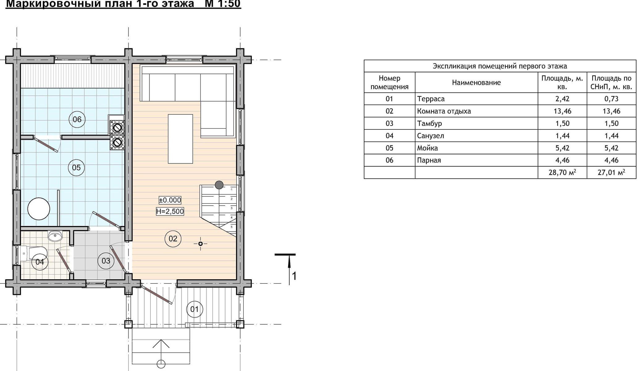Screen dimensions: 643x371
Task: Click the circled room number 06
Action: [77, 119]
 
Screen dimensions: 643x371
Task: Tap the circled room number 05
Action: [76, 168]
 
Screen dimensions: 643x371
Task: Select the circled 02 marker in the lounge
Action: [173, 239]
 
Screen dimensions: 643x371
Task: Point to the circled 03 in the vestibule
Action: [106, 261]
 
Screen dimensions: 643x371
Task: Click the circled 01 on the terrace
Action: [195, 309]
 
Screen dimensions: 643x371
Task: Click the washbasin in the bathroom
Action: [55, 236]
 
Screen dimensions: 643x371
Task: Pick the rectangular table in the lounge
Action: [180, 139]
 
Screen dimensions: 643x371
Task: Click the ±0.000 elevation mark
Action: [170, 200]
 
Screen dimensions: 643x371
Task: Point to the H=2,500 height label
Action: [170, 211]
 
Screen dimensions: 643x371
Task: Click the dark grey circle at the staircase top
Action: [219, 185]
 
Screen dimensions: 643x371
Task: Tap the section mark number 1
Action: [294, 276]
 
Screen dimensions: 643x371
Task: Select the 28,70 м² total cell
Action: [562, 173]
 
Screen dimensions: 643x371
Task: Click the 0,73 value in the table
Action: [611, 99]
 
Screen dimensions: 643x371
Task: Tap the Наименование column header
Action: [476, 83]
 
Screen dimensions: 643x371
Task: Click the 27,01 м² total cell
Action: [611, 173]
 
